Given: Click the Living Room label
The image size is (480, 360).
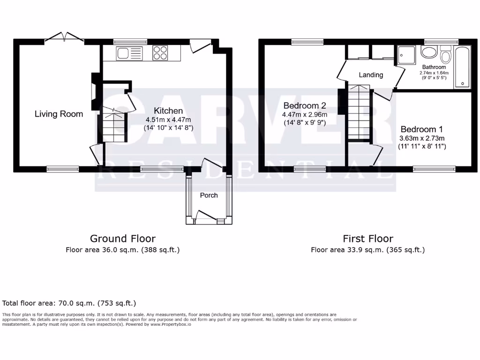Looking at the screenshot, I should pos(59,114).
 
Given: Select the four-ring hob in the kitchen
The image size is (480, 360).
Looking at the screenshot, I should pos(160,53).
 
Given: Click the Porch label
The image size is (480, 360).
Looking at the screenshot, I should pos(209,195).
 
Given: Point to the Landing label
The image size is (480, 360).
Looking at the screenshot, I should pos(371,75).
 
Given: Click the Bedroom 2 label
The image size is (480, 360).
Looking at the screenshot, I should pos(304,105).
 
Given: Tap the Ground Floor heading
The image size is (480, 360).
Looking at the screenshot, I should pos(122,239).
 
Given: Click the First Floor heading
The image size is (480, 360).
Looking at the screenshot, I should pos(367,239).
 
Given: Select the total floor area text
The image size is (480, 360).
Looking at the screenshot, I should pos(69,303).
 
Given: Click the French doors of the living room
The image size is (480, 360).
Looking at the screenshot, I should pos(64,37).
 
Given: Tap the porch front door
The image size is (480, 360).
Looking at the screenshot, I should pos(206,217).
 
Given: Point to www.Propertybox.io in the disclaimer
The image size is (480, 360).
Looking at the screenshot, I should pos(171,324).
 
